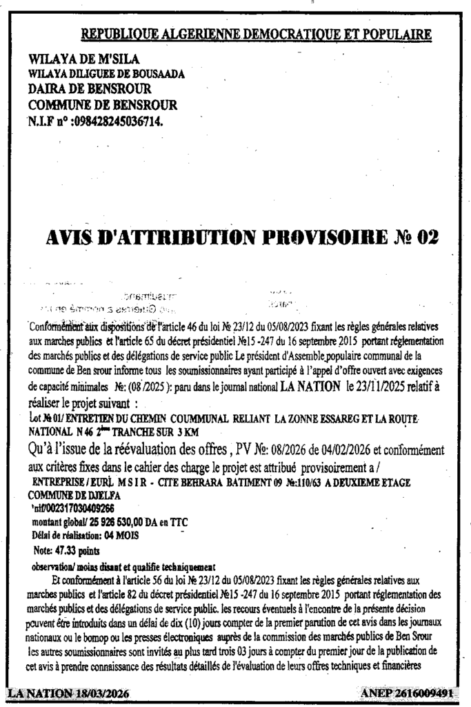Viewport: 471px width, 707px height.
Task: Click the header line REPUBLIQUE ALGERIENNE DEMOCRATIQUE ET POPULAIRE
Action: click(257, 34)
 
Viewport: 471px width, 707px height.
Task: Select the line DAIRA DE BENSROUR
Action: click(89, 89)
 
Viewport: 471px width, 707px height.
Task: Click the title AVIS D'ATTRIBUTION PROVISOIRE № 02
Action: click(241, 238)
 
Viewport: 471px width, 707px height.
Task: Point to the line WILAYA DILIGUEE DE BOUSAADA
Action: click(106, 74)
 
